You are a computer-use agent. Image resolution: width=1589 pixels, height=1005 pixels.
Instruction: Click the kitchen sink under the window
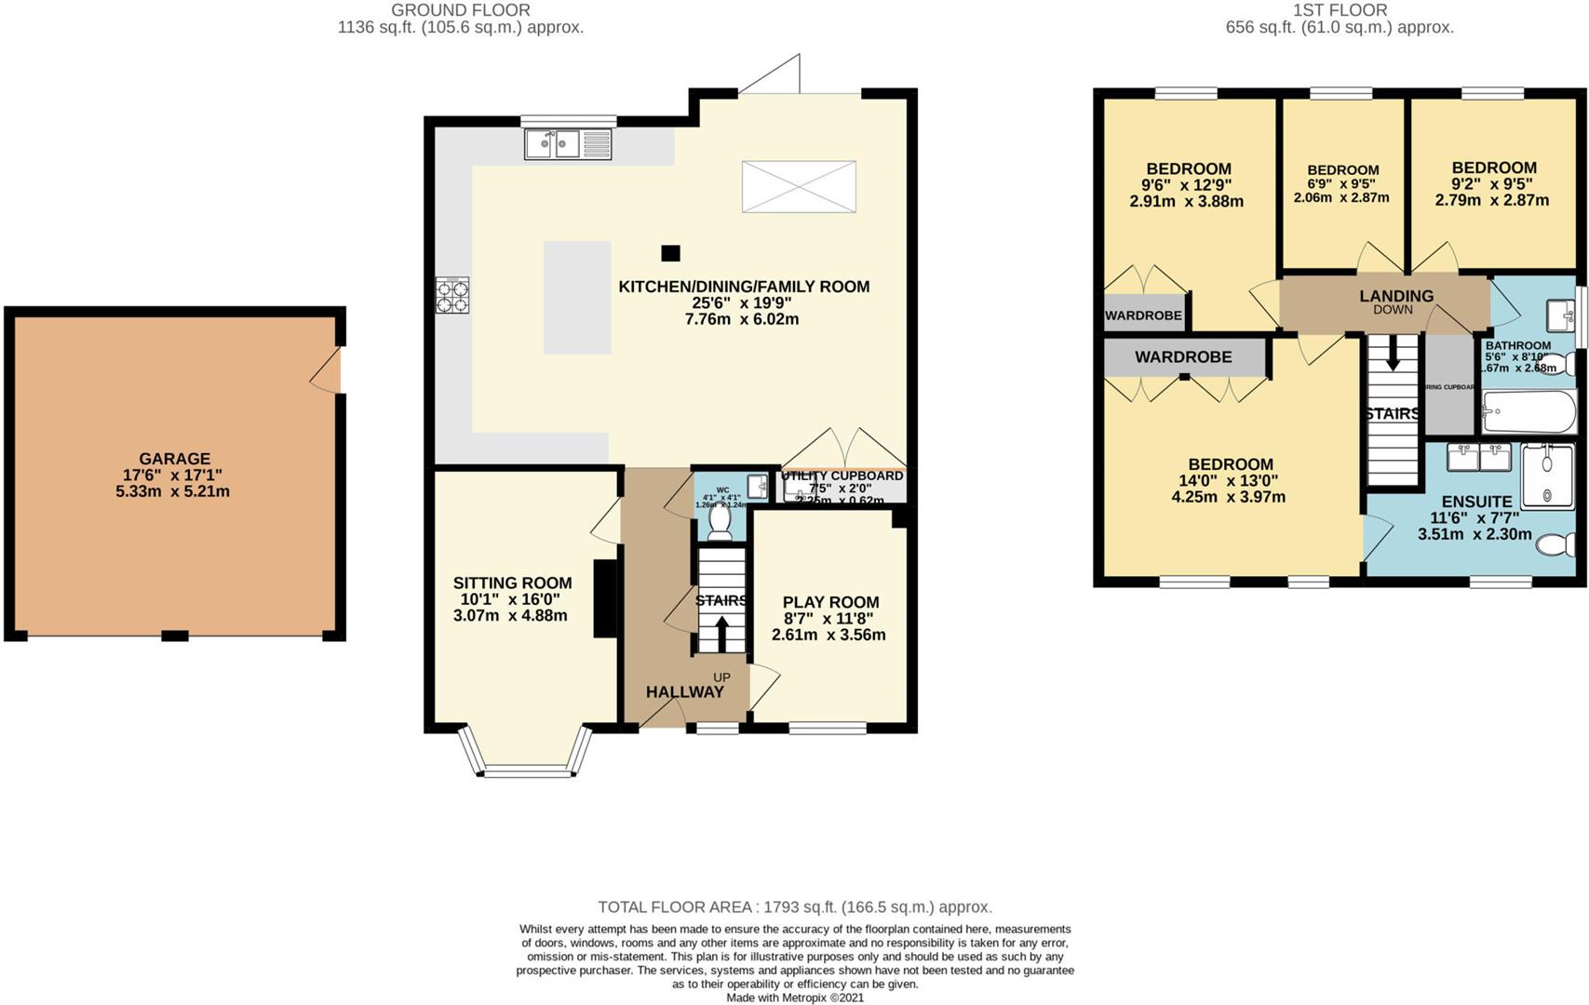(x=568, y=144)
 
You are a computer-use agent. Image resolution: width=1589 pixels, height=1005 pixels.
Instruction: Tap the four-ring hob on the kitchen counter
(x=452, y=295)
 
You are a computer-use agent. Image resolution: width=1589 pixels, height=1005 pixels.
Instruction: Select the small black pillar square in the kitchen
(x=670, y=253)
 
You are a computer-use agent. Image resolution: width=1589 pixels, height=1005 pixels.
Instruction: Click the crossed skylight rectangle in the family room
(x=799, y=186)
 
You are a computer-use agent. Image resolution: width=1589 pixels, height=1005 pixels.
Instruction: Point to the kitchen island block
(x=577, y=298)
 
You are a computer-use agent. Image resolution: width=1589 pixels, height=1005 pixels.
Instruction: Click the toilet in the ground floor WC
(x=720, y=524)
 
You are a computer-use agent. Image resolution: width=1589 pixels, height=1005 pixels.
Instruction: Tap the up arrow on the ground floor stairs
(x=721, y=633)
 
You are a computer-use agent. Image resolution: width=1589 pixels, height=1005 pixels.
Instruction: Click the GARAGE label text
(x=174, y=459)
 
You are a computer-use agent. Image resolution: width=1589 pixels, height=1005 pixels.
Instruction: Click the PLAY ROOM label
(x=830, y=602)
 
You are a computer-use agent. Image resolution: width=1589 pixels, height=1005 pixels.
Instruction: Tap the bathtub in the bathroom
(x=1528, y=412)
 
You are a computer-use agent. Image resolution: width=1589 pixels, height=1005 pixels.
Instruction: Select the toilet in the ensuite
(x=1555, y=544)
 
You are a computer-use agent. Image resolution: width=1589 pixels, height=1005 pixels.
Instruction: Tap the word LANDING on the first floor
(x=1395, y=296)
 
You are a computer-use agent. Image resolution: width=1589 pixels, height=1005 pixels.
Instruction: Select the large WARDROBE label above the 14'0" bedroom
(x=1183, y=357)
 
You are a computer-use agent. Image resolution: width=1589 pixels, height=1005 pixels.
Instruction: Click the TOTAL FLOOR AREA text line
(x=794, y=906)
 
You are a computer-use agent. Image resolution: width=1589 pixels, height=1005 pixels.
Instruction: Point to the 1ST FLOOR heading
(x=1340, y=10)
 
